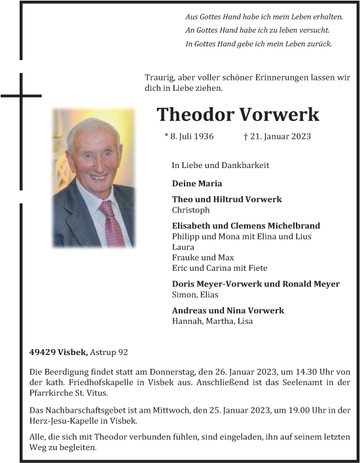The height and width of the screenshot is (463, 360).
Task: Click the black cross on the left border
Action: pyautogui.click(x=22, y=96)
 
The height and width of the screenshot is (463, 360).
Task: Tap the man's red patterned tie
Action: pyautogui.click(x=111, y=225)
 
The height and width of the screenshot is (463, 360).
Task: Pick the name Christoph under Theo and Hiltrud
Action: pyautogui.click(x=190, y=210)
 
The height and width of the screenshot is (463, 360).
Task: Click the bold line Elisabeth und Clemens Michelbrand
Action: pyautogui.click(x=245, y=226)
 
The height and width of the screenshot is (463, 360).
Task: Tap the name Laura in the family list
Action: pyautogui.click(x=183, y=247)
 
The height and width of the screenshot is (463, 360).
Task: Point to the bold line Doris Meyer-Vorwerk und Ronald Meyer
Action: pyautogui.click(x=255, y=284)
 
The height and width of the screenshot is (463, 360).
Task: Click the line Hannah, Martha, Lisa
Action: pyautogui.click(x=212, y=321)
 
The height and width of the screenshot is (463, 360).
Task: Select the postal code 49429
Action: pyautogui.click(x=43, y=352)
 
